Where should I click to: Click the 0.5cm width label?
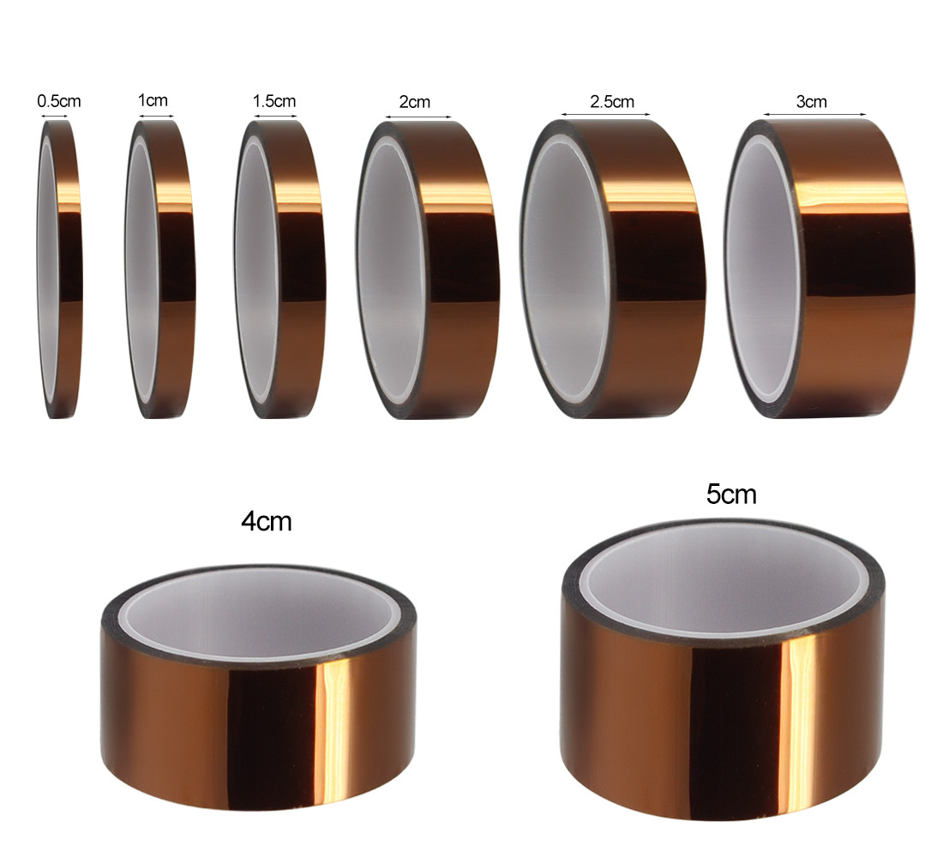[59, 101]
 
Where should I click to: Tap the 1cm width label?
[153, 99]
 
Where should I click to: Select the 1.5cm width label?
[274, 100]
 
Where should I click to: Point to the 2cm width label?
[415, 102]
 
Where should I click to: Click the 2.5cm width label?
[612, 101]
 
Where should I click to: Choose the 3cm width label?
[811, 101]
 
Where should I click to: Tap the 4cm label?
[267, 521]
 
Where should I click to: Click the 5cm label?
[731, 494]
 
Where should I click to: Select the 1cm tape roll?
[160, 269]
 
